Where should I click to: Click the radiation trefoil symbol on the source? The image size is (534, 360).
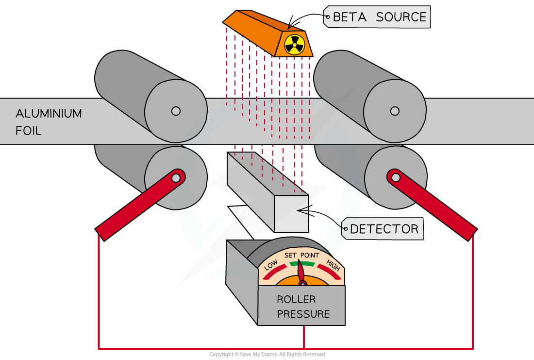294,44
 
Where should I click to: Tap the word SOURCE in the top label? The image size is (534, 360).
401,17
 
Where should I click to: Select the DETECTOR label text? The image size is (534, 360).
384,229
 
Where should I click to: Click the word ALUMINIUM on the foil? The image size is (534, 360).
49,114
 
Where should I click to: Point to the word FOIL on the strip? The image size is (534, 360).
28,130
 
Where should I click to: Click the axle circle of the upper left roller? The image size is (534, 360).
176,111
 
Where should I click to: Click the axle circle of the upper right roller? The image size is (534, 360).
395,111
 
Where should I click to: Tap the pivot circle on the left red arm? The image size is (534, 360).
177,177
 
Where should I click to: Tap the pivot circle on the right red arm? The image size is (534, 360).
396,177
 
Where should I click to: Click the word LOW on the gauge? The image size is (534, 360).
271,265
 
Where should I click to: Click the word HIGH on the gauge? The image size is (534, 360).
333,265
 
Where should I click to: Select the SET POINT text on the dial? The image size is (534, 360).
302,256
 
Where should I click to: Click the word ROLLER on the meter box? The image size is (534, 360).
296,299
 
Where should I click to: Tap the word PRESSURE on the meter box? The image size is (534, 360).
303,314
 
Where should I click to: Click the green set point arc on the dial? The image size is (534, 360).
302,263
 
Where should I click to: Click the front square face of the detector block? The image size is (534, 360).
291,214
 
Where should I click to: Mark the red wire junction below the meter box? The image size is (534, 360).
304,348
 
